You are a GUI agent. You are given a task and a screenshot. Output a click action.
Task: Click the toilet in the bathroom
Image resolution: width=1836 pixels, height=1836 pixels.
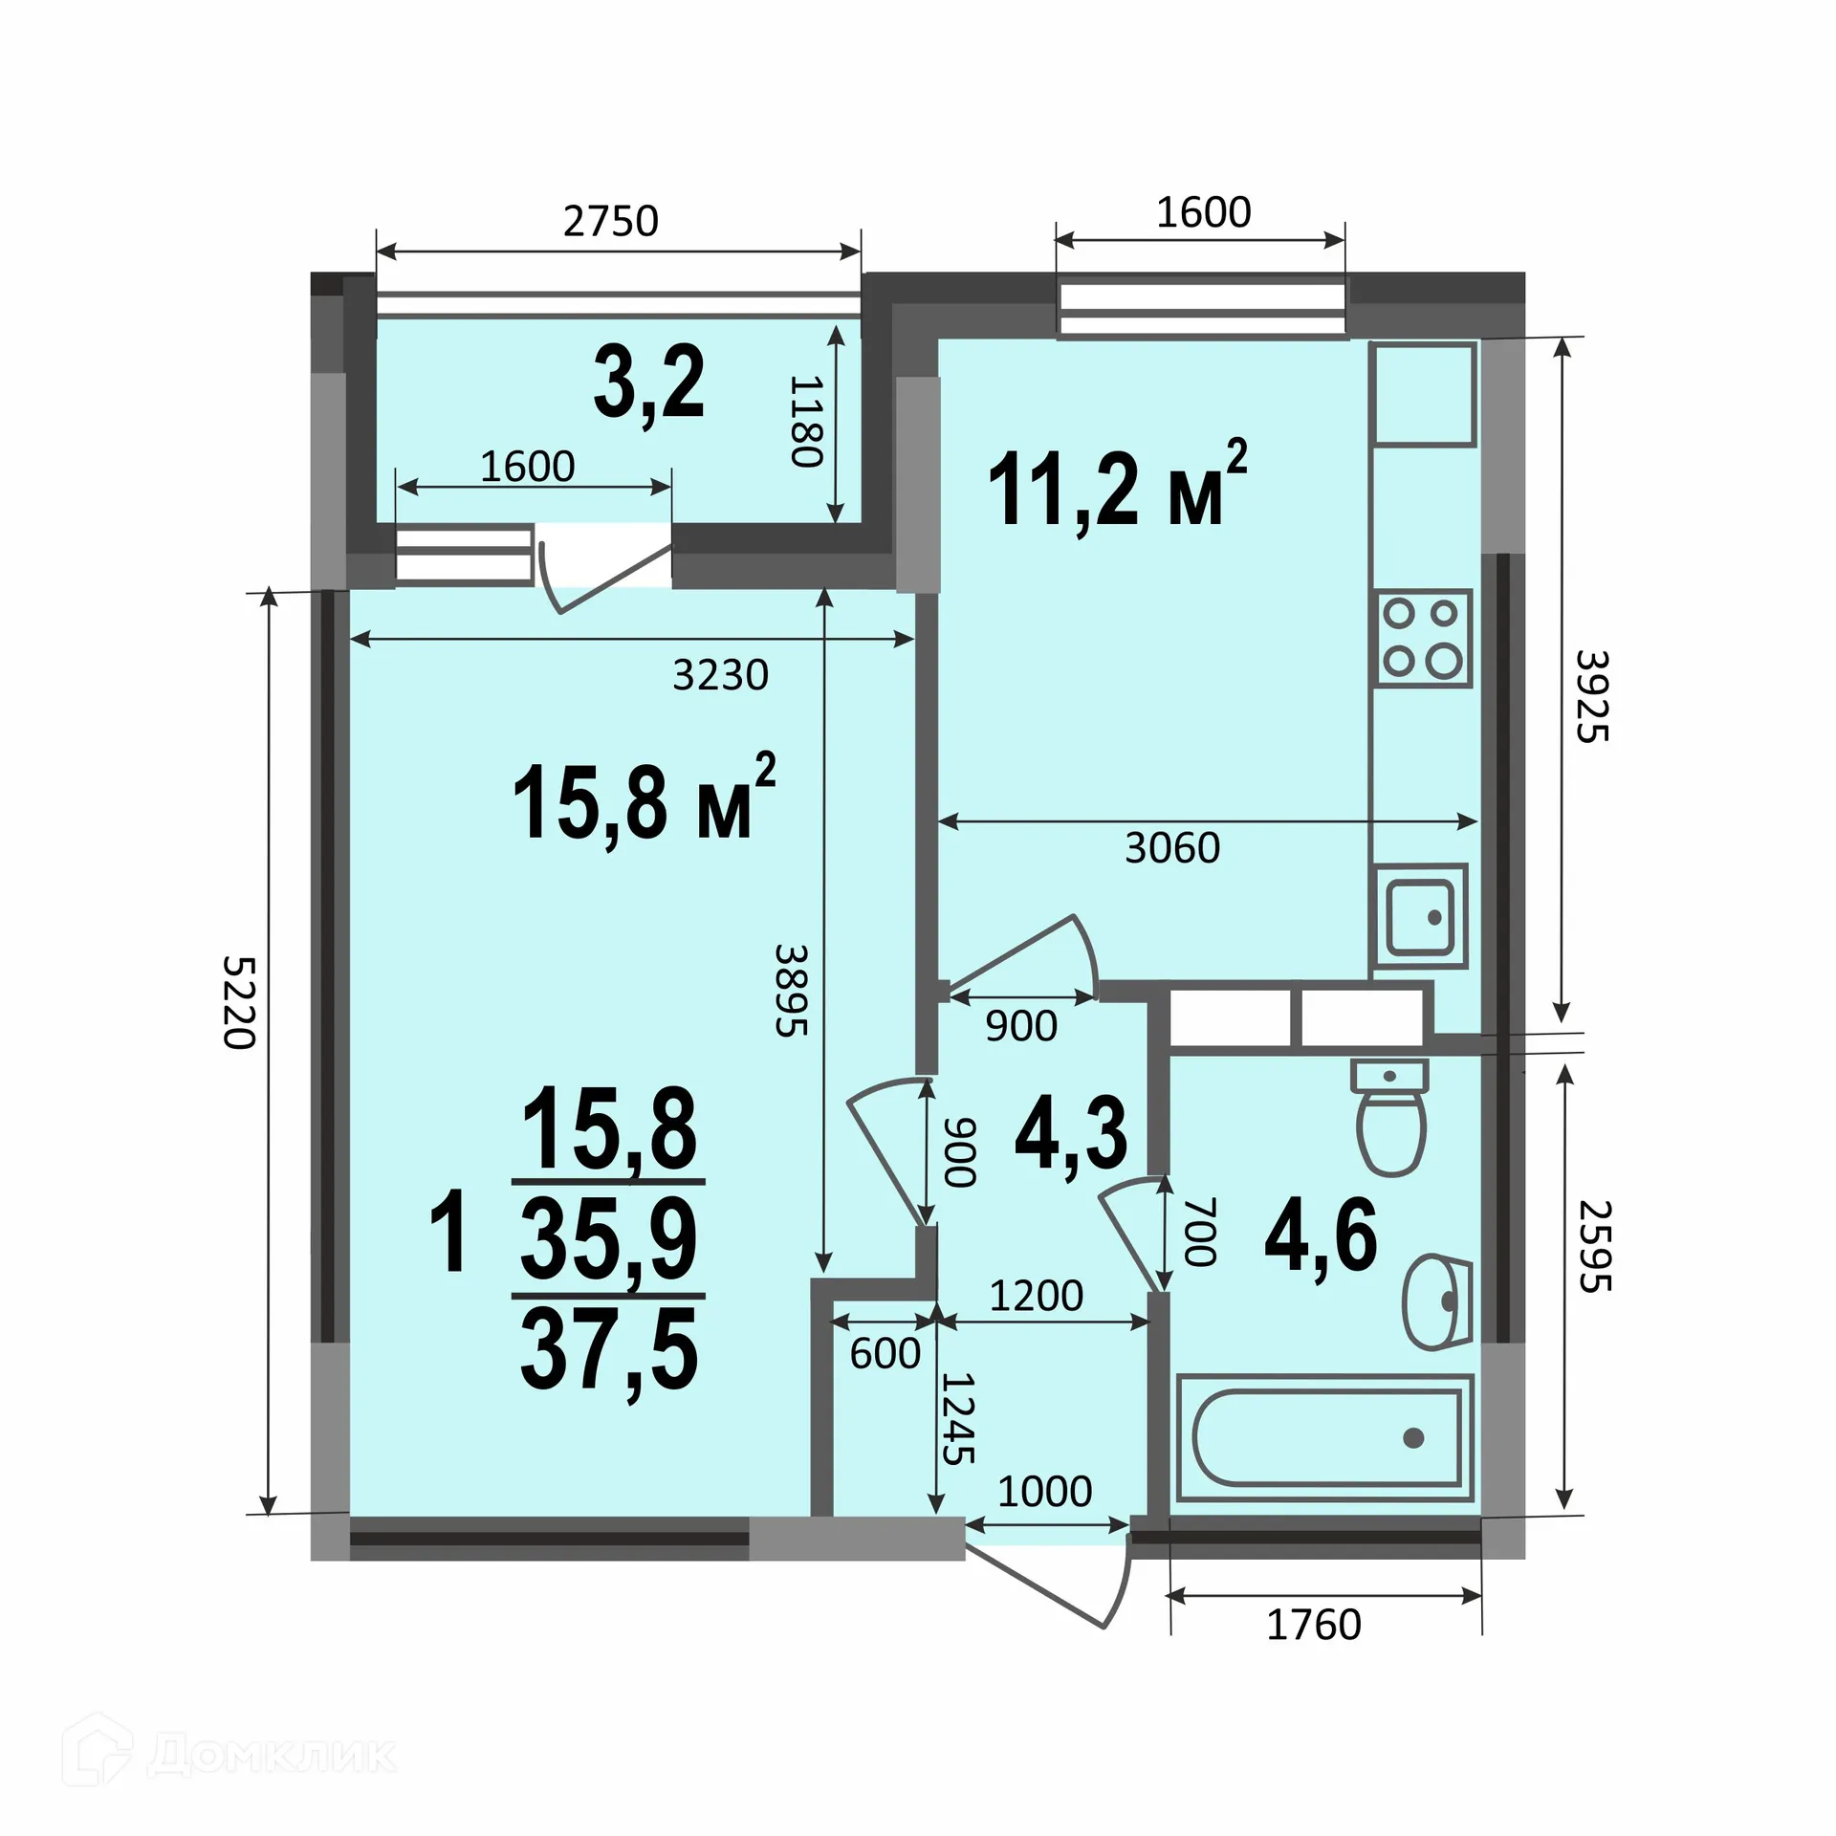[x=1389, y=1117]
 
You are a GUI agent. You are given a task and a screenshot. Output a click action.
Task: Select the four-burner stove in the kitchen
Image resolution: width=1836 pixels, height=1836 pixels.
[x=1421, y=638]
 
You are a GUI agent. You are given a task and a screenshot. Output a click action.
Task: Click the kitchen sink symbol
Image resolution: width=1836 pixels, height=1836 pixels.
[x=1420, y=917]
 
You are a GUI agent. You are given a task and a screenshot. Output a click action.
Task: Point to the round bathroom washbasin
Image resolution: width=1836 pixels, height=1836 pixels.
[x=1436, y=1301]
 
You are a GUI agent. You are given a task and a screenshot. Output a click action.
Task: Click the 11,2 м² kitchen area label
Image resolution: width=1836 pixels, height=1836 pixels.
[x=1117, y=488]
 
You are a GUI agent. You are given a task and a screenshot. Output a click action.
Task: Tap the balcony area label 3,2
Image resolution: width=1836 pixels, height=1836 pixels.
[x=648, y=384]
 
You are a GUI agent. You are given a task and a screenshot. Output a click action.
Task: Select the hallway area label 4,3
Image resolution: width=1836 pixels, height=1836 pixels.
[x=1071, y=1134]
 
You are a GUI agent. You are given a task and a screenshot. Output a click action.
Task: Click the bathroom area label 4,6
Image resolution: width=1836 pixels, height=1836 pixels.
[x=1321, y=1235]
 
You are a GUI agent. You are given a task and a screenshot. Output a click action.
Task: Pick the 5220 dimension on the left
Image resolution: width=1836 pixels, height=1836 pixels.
[x=238, y=1001]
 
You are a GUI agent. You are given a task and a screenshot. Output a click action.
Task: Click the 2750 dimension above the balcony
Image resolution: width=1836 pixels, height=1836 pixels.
[x=611, y=222]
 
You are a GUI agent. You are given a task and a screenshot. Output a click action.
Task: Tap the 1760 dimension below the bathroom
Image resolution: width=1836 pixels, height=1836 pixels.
[x=1314, y=1625]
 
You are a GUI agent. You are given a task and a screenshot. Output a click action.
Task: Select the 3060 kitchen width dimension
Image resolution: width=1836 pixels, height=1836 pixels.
[x=1172, y=848]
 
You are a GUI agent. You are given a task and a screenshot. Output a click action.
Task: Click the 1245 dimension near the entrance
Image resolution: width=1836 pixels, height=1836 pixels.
[x=957, y=1419]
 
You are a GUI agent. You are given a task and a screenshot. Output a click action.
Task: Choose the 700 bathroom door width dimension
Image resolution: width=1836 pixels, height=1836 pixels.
[x=1200, y=1232]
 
